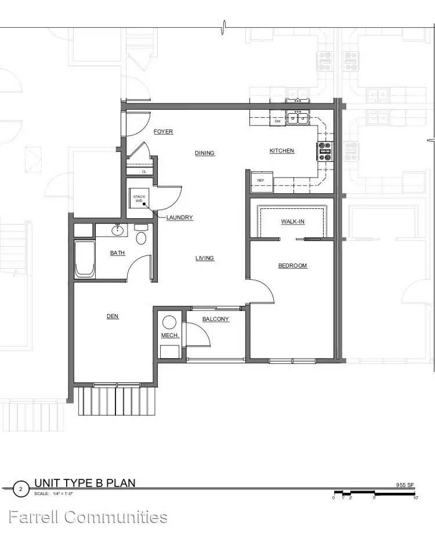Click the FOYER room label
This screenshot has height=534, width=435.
tap(164, 132)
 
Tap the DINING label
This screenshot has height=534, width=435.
tap(205, 153)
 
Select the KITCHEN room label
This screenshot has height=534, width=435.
tap(282, 151)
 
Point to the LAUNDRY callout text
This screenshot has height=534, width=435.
tap(180, 218)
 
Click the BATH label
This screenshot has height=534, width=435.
tap(118, 253)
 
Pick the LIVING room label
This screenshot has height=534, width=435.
tap(205, 258)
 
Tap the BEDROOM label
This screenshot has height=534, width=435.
tap(292, 266)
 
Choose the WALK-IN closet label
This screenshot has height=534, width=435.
tap(292, 222)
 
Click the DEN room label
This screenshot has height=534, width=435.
tap(113, 316)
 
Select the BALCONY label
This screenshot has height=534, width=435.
tap(215, 319)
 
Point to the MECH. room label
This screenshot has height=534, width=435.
tap(169, 337)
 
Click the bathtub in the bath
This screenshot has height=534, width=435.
tap(84, 259)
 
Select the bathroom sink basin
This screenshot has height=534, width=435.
tap(118, 230)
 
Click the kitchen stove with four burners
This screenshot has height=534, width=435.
tap(325, 151)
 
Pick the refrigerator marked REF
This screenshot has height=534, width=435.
tap(262, 180)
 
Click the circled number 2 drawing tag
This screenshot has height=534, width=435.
tap(21, 489)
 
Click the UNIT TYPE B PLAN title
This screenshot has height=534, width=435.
tap(85, 483)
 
